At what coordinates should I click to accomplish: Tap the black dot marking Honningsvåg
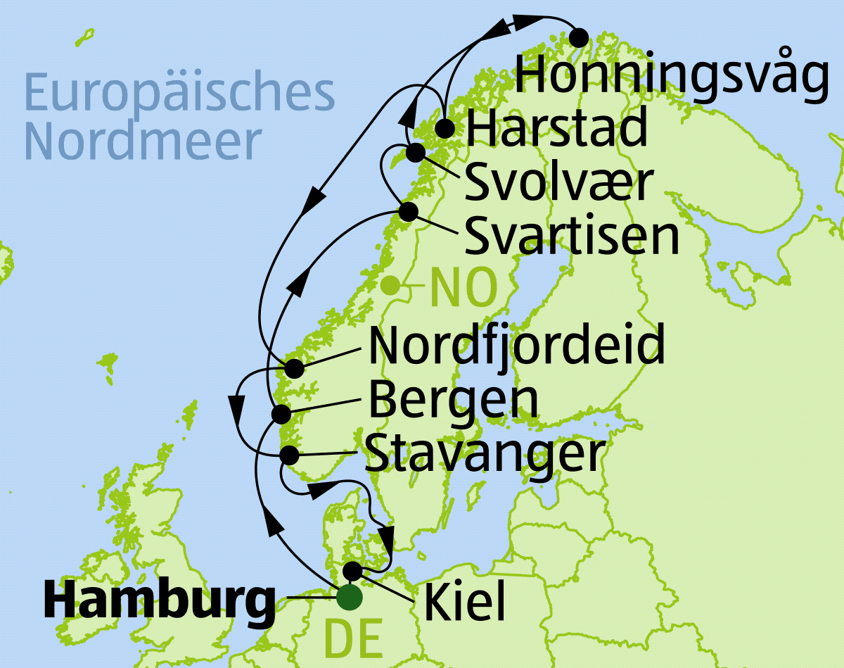579,37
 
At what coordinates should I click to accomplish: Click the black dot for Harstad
444,129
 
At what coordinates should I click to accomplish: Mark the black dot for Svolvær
416,151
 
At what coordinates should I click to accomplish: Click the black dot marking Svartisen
408,211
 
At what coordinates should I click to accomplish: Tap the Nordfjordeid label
516,345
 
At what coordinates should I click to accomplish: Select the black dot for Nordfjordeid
294,367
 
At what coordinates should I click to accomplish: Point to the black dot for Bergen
281,413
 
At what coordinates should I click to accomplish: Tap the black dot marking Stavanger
289,454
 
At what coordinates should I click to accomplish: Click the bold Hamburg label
159,602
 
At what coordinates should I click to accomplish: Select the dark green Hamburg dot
349,598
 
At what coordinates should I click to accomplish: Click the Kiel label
465,603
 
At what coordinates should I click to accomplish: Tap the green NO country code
463,288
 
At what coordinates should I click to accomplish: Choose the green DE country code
355,639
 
